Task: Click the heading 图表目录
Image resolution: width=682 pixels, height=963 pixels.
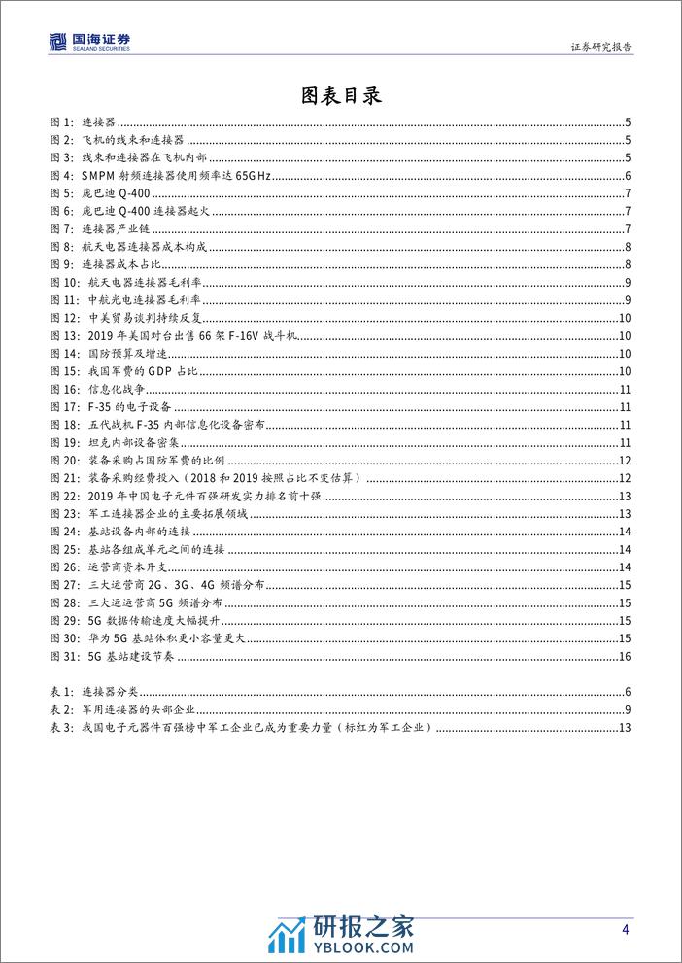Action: click(x=340, y=95)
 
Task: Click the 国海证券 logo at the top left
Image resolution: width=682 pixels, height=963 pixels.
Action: click(x=89, y=41)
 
